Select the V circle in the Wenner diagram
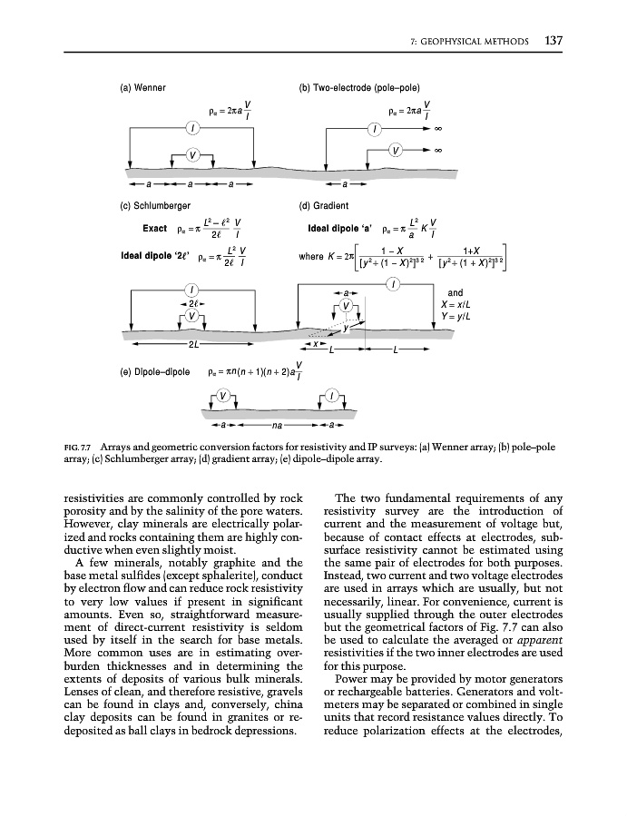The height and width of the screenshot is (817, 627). coord(192,153)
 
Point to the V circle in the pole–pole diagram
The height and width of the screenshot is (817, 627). coord(396,148)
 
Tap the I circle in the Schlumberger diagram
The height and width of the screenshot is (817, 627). coord(192,290)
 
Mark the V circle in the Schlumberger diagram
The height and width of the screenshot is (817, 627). coord(192,315)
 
